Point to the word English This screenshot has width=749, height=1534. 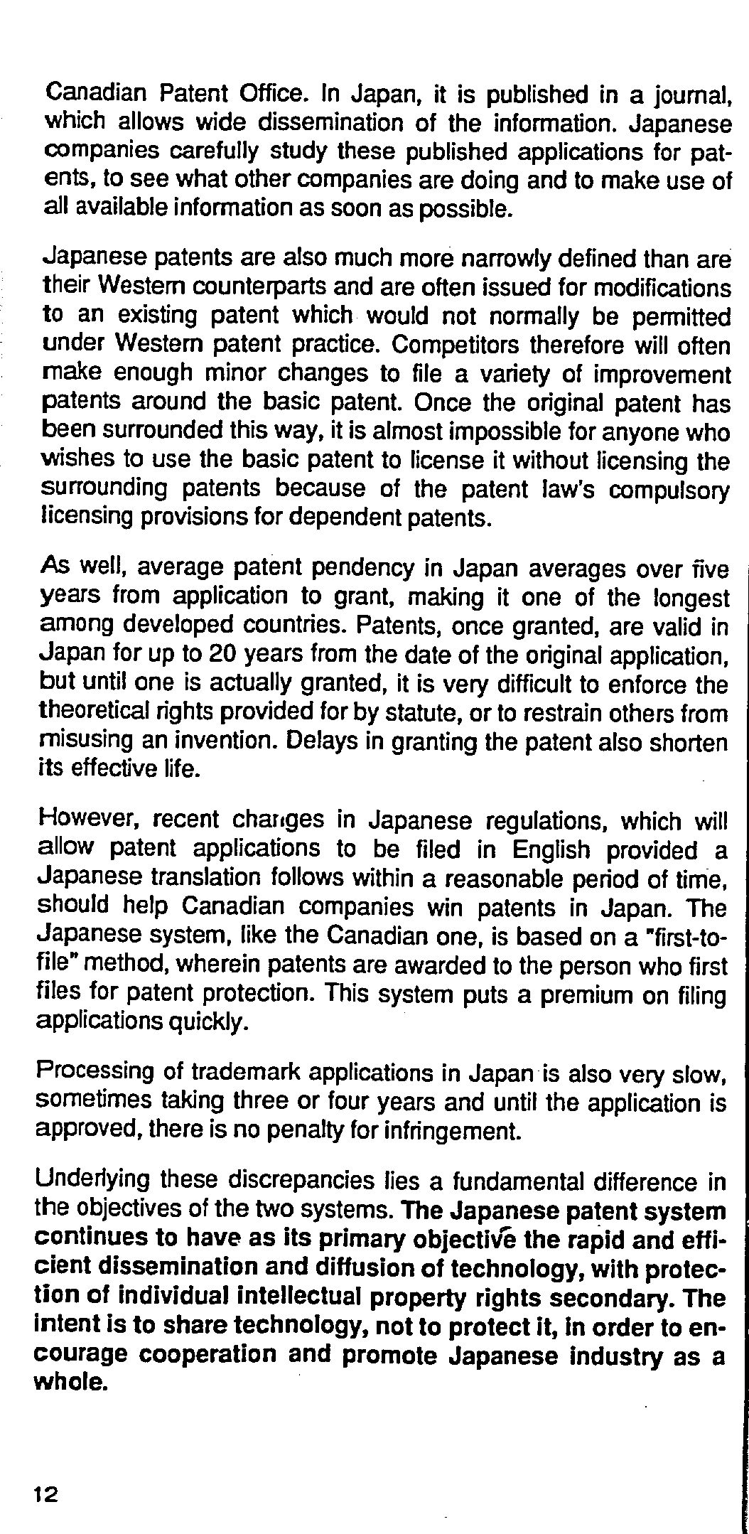551,849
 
